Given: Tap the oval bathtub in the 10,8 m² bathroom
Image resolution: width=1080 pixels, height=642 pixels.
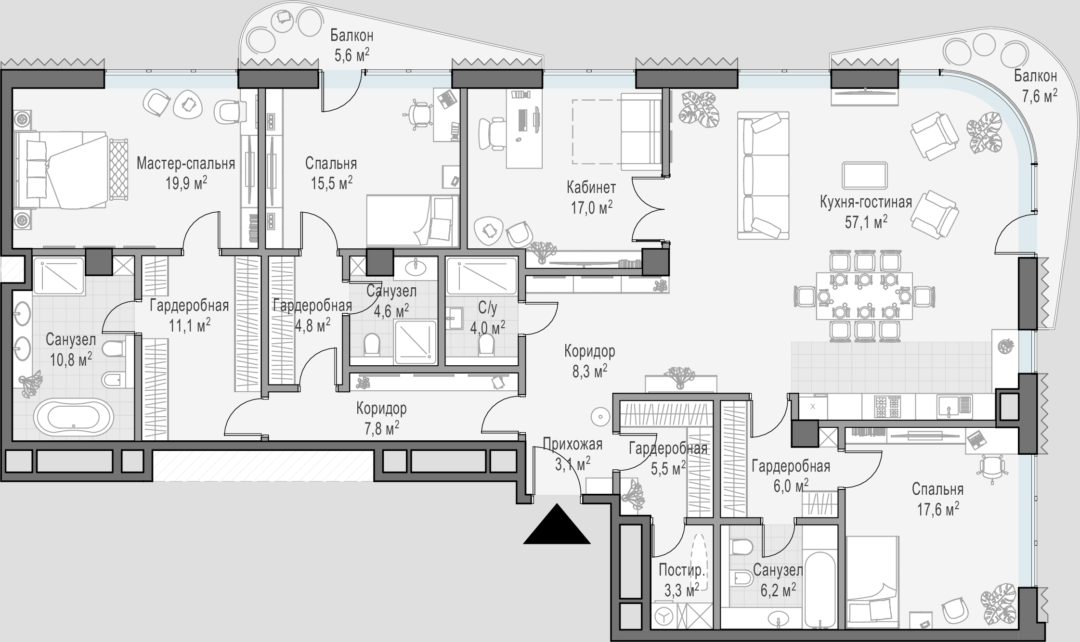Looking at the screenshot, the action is [73, 417].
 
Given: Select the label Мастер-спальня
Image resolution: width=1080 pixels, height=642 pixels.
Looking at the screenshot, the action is [186, 164].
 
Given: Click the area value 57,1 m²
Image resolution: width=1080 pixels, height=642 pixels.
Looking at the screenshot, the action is [866, 222].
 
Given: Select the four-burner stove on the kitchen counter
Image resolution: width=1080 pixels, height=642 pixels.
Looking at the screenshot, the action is [887, 407].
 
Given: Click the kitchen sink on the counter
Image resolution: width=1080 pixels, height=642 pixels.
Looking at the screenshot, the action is [954, 407].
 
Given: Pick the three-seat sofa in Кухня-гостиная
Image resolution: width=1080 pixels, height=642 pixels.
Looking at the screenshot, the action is [763, 175].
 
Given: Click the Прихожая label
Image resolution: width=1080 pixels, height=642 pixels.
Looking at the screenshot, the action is [573, 444].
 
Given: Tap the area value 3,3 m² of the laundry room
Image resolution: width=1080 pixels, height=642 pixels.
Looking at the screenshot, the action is [682, 590].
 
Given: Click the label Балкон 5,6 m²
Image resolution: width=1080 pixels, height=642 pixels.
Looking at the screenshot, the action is [352, 45].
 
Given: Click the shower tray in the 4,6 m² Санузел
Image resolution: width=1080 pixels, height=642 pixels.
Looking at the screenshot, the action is [416, 342].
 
